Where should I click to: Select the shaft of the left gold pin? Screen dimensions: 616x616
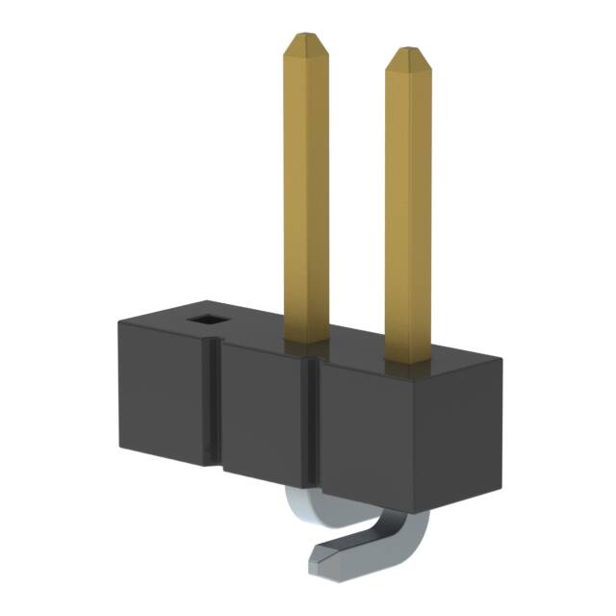click(306, 192)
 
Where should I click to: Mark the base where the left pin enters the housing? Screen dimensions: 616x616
click(306, 339)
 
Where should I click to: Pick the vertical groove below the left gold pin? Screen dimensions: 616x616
click(312, 423)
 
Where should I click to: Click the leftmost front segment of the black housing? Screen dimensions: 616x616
click(164, 395)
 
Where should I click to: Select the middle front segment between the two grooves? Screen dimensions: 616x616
click(265, 414)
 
